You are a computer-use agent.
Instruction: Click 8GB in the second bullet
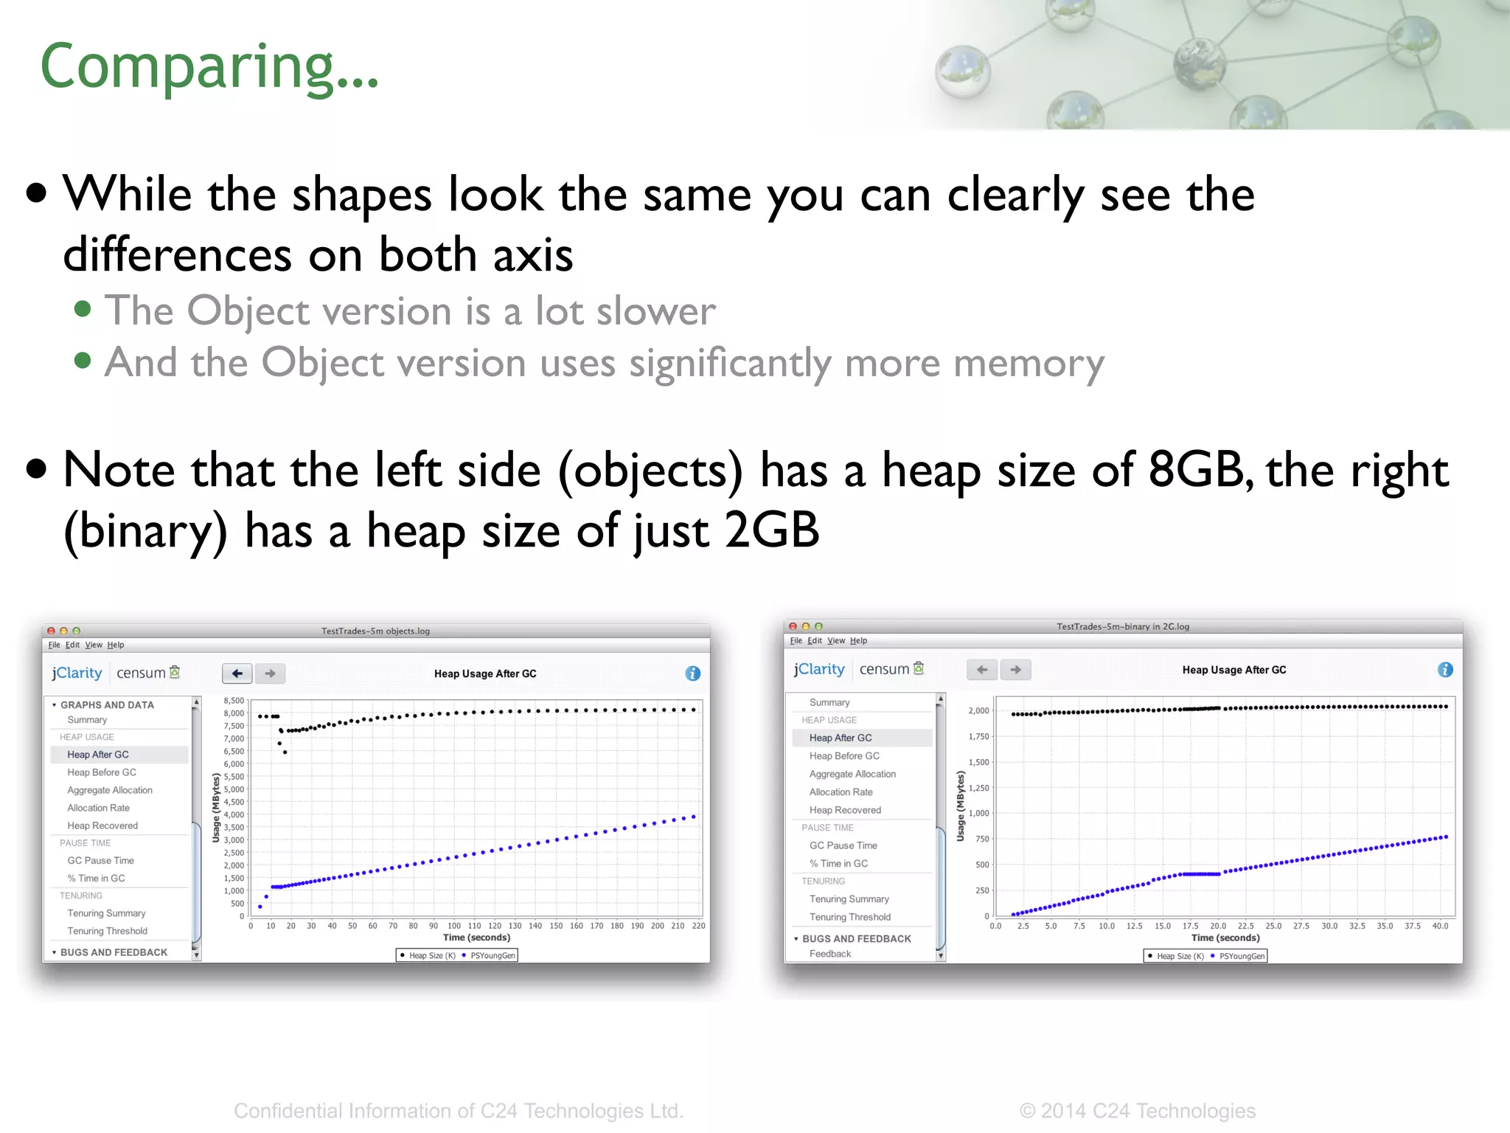click(1197, 470)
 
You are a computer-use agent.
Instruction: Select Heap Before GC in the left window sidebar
click(102, 772)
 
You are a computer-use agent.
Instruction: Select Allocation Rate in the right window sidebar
click(841, 791)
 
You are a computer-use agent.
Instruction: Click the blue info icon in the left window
click(692, 673)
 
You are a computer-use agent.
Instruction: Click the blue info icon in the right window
click(1444, 669)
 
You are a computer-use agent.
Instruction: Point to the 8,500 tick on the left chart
click(234, 701)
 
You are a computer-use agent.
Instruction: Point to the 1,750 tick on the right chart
click(978, 736)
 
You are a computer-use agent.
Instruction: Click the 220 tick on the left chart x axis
click(698, 926)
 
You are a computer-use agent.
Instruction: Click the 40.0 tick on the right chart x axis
click(1439, 926)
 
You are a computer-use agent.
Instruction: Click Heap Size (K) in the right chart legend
click(1179, 956)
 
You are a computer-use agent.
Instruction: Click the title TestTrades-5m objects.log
click(375, 631)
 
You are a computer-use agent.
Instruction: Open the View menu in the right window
click(835, 640)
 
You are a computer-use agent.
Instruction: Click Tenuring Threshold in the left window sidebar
click(107, 931)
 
